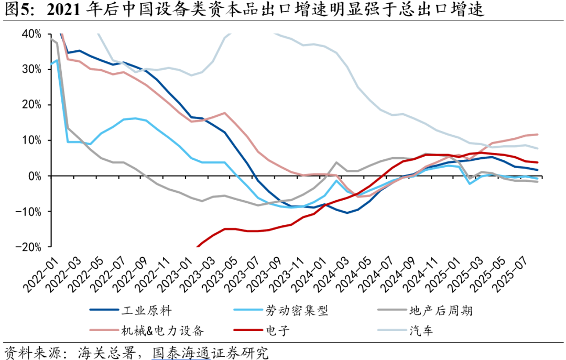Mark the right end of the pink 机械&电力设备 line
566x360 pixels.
click(x=537, y=135)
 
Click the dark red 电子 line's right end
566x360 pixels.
click(x=537, y=162)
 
